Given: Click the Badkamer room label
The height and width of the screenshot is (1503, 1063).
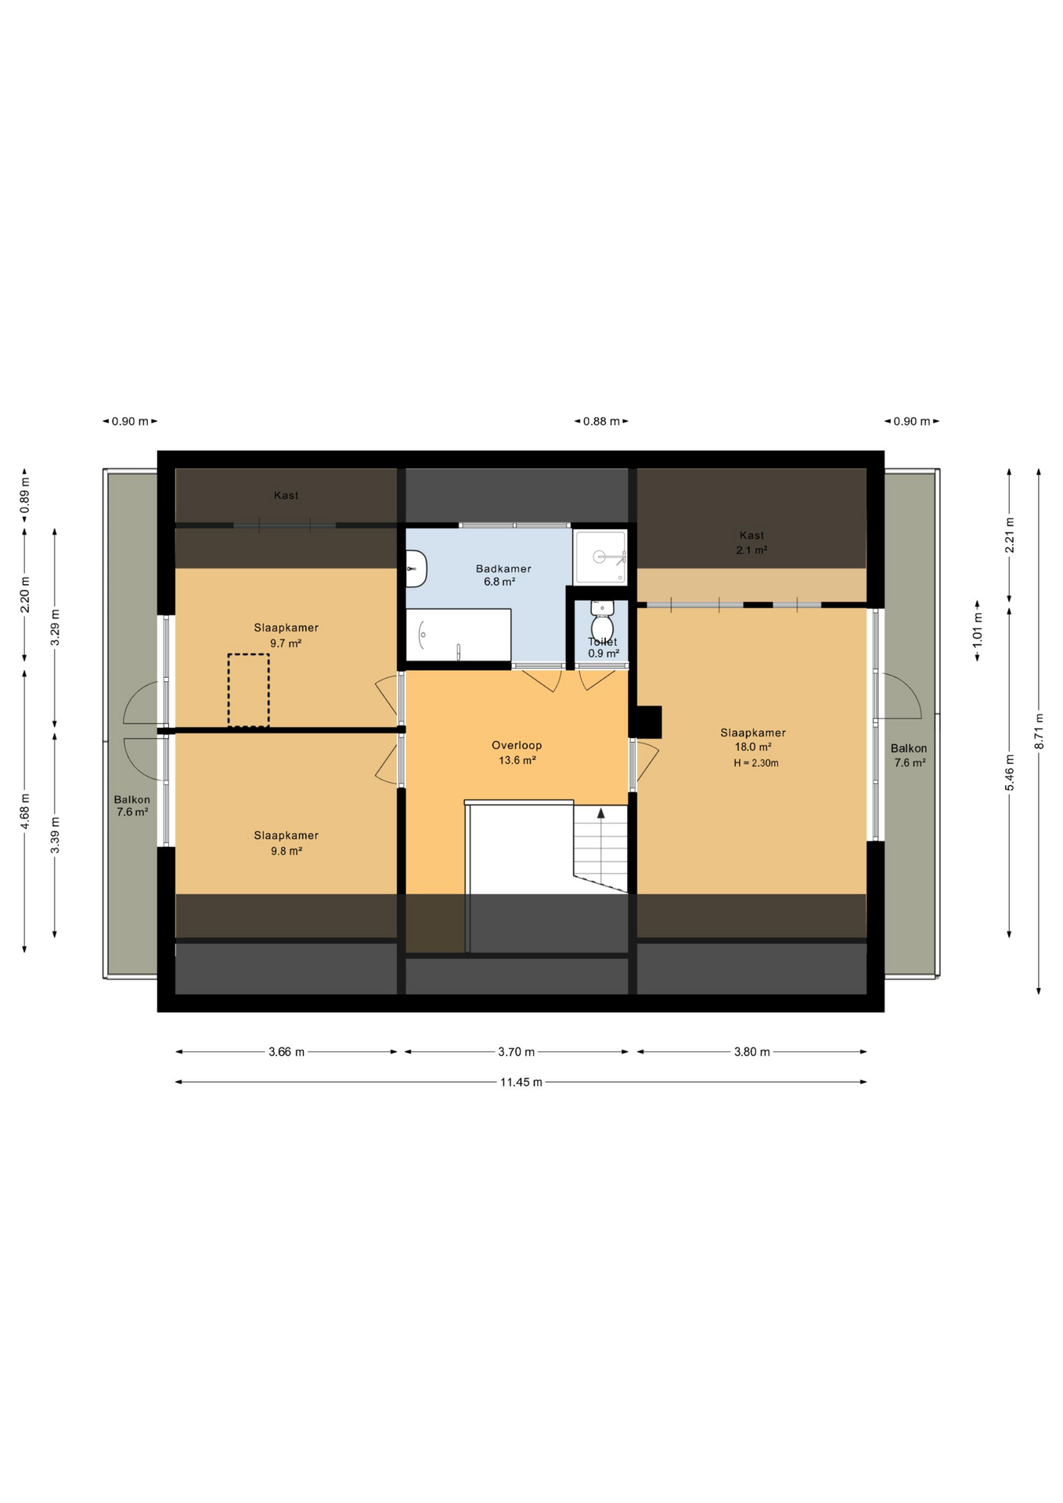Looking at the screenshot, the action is pos(503,568).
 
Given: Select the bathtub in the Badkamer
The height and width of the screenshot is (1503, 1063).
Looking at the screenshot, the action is pos(458,635).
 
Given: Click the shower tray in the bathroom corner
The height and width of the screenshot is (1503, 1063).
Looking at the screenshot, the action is pos(600,557).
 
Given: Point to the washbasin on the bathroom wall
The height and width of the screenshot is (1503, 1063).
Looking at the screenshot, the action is pos(416,568).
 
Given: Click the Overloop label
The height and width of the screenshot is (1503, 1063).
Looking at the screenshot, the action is pos(517,745).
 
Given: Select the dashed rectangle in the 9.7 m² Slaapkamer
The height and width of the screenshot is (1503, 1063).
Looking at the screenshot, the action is pos(249,690).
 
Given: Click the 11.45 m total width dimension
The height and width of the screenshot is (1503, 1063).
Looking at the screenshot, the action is pos(521,1082).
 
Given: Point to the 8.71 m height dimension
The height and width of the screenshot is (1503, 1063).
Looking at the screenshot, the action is pos(1039,731).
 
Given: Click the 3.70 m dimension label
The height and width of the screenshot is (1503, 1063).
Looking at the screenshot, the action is pos(517,1051).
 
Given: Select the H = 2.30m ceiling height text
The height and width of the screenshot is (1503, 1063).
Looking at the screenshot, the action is pos(756,762).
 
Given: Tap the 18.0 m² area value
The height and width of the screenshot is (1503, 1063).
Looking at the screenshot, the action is pos(753,747).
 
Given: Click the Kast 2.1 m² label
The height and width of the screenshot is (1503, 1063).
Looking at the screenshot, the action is pos(751,542).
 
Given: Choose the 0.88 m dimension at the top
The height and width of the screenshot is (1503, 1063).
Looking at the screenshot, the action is pos(601,421).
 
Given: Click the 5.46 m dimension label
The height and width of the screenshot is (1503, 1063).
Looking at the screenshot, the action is pos(1009,772).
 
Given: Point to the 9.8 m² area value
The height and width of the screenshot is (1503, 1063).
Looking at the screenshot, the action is pos(286,851).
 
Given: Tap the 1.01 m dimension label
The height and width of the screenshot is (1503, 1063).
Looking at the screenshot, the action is pos(977,630).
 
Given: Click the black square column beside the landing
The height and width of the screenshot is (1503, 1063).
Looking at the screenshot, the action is pos(646,722).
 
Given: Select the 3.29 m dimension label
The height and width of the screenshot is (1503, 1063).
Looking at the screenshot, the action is pos(55,628).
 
